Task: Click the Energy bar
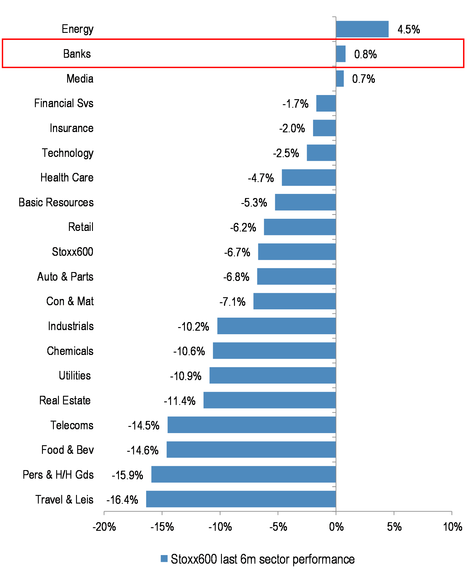pyautogui.click(x=362, y=29)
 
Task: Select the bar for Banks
pyautogui.click(x=341, y=54)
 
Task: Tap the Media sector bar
pyautogui.click(x=340, y=79)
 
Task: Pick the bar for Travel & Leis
pyautogui.click(x=241, y=499)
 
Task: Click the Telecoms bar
pyautogui.click(x=251, y=425)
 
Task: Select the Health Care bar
pyautogui.click(x=309, y=178)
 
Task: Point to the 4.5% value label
pyautogui.click(x=409, y=30)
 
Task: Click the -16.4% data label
pyautogui.click(x=122, y=500)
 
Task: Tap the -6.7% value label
pyautogui.click(x=237, y=253)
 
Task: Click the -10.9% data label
pyautogui.click(x=186, y=376)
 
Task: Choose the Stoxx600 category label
pyautogui.click(x=72, y=252)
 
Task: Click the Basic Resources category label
pyautogui.click(x=56, y=202)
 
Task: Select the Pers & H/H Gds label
pyautogui.click(x=58, y=475)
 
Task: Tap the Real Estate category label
pyautogui.click(x=65, y=401)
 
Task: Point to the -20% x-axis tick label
pyautogui.click(x=104, y=527)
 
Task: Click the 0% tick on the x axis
pyautogui.click(x=336, y=527)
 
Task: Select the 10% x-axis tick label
pyautogui.click(x=452, y=527)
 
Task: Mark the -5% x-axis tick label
pyautogui.click(x=278, y=527)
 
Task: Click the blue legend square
pyautogui.click(x=164, y=559)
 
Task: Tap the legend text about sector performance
pyautogui.click(x=262, y=559)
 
